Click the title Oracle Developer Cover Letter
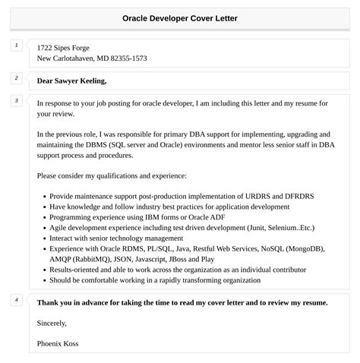(x=180, y=17)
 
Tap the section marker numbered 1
(x=16, y=46)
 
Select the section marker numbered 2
(x=16, y=78)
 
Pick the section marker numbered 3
(x=16, y=101)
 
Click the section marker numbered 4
(x=16, y=300)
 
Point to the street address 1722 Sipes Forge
(x=68, y=48)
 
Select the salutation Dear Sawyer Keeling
(x=71, y=80)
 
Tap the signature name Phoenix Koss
(x=57, y=343)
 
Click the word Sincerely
(x=53, y=323)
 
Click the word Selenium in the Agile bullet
(x=275, y=227)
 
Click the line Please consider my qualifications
(x=111, y=175)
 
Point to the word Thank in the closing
(x=49, y=302)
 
